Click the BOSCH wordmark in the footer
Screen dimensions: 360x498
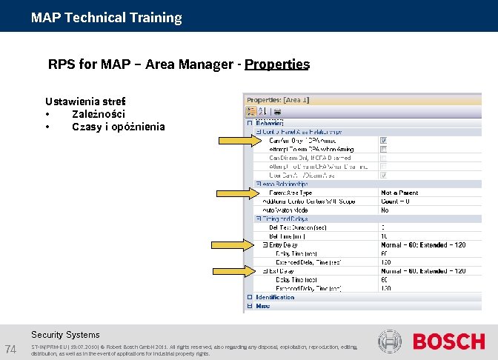(448, 342)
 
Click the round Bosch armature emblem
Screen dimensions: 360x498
(390, 341)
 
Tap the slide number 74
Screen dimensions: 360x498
(11, 349)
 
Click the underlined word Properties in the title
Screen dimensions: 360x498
(276, 64)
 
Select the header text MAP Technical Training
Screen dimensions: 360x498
(106, 17)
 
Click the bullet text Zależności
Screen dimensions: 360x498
(99, 114)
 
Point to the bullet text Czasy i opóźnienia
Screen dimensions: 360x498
(119, 127)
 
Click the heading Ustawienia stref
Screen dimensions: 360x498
(85, 101)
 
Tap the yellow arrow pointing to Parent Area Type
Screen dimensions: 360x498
(234, 193)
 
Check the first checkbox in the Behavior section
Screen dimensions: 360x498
(383, 140)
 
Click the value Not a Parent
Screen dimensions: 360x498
(399, 193)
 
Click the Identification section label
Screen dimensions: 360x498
(275, 297)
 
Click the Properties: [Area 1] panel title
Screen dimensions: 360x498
(278, 99)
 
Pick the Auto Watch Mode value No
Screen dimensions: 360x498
(385, 210)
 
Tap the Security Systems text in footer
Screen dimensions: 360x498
(65, 335)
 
